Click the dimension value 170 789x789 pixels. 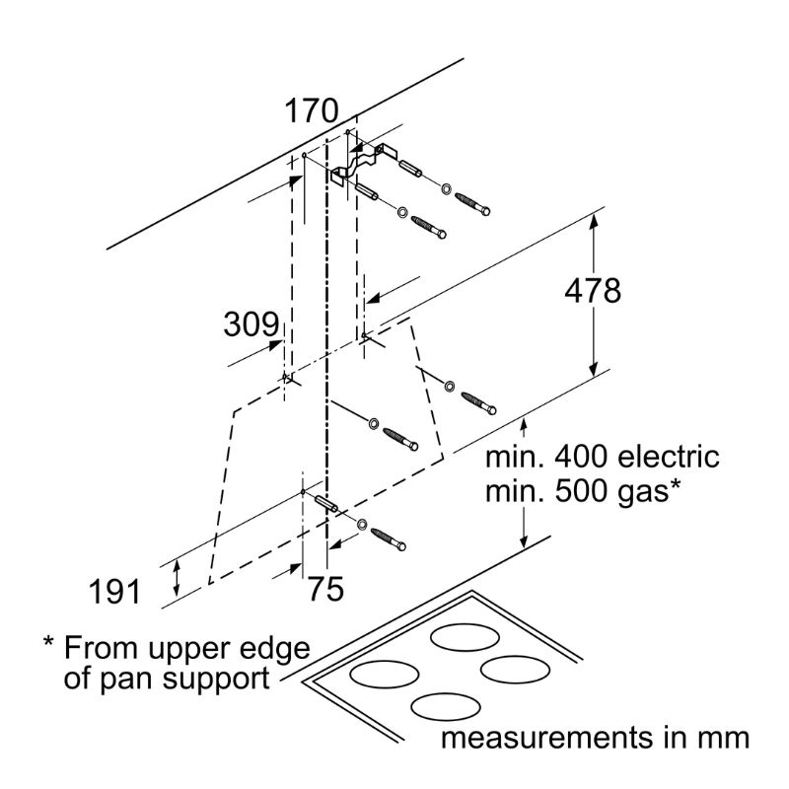pyautogui.click(x=312, y=111)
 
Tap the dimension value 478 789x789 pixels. pyautogui.click(x=593, y=291)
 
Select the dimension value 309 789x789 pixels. pyautogui.click(x=251, y=324)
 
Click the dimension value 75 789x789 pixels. pyautogui.click(x=325, y=589)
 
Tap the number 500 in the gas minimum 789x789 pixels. pyautogui.click(x=583, y=490)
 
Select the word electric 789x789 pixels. pyautogui.click(x=669, y=457)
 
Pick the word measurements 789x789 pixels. pyautogui.click(x=547, y=738)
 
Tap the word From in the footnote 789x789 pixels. pyautogui.click(x=101, y=648)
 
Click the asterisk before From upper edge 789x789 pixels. pyautogui.click(x=48, y=642)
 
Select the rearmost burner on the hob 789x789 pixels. pyautogui.click(x=466, y=637)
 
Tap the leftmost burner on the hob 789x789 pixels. pyautogui.click(x=385, y=675)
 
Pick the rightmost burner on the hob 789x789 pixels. pyautogui.click(x=515, y=670)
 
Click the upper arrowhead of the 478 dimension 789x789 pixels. pyautogui.click(x=594, y=221)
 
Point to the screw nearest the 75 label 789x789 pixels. pyautogui.click(x=388, y=539)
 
